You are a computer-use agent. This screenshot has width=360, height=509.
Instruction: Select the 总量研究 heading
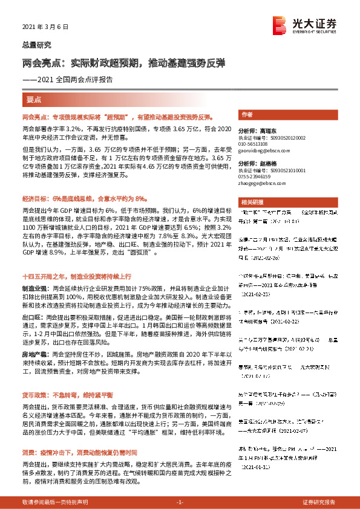pyautogui.click(x=36, y=45)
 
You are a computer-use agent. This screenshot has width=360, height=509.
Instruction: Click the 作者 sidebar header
pyautogui.click(x=247, y=114)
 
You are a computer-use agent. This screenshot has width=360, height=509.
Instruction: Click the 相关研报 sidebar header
pyautogui.click(x=251, y=202)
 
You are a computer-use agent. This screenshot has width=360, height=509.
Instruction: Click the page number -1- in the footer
pyautogui.click(x=179, y=502)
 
